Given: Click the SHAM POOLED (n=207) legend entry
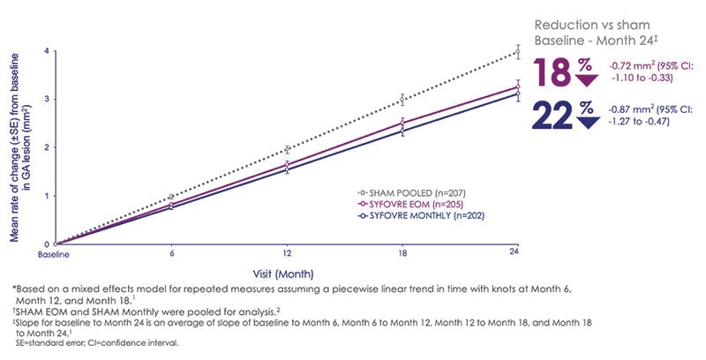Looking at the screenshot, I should click(394, 191).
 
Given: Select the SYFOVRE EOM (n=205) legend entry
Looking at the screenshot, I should click(394, 203).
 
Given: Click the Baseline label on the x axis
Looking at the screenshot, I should click(54, 255).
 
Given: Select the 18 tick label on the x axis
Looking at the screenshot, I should click(402, 255).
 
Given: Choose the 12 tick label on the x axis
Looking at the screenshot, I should click(286, 255).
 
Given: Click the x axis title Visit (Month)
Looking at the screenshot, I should click(288, 273).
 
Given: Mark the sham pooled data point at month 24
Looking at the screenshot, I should click(518, 52).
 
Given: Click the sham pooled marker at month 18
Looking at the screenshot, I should click(402, 100).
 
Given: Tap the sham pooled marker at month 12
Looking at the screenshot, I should click(286, 149).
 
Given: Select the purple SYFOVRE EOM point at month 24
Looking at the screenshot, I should click(518, 86).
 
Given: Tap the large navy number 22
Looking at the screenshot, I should click(553, 115).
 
